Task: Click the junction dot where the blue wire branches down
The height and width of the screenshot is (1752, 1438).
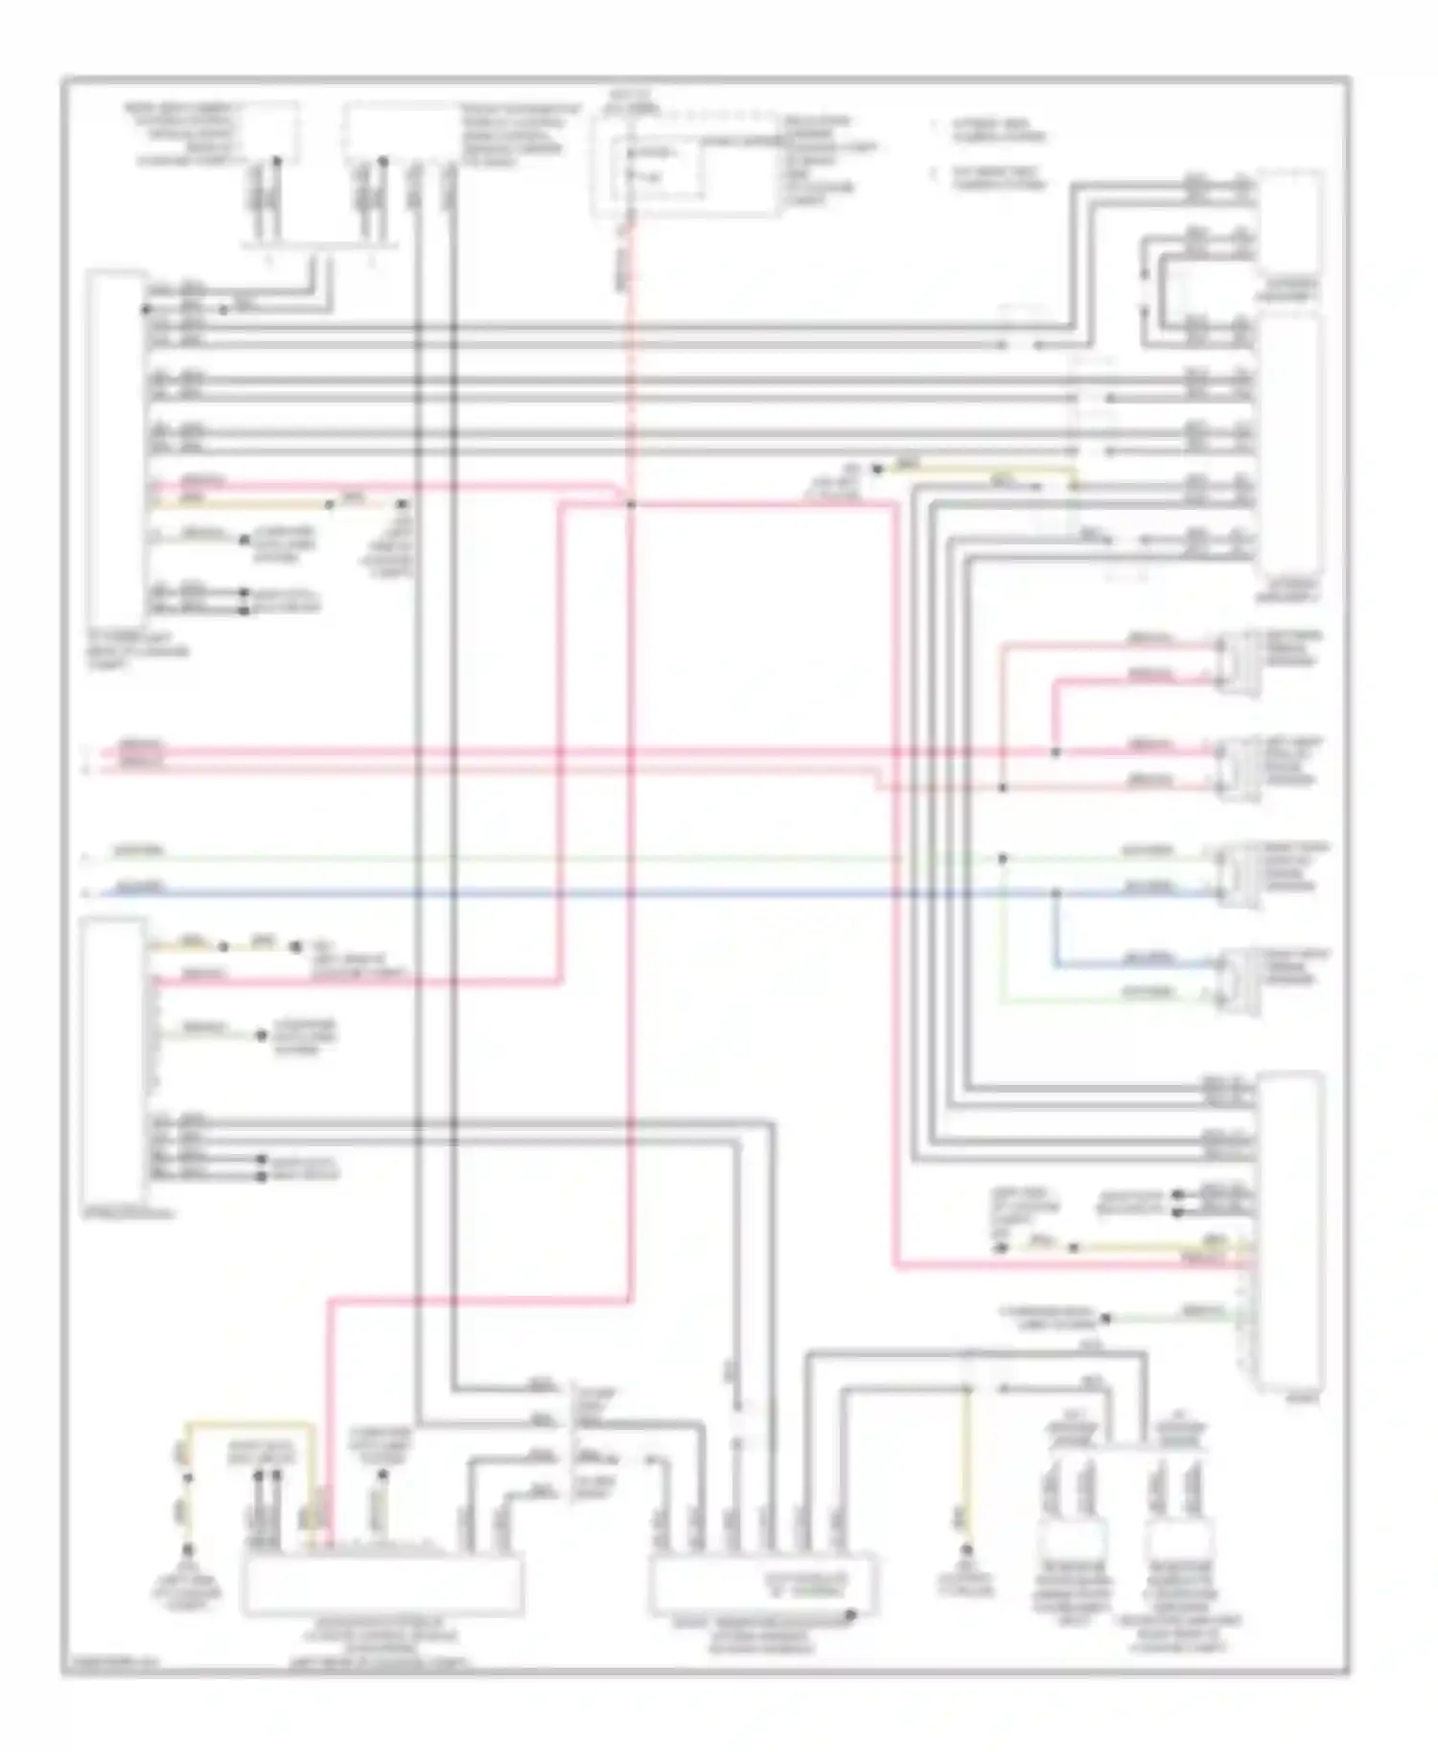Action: [x=1056, y=893]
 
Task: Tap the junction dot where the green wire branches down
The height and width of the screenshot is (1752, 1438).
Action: [x=1003, y=858]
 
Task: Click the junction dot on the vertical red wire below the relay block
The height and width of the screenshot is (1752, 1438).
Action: [x=630, y=504]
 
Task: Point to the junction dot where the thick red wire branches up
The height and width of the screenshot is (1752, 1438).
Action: [x=1055, y=752]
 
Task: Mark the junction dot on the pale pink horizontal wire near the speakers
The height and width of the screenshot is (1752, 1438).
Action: [x=1003, y=788]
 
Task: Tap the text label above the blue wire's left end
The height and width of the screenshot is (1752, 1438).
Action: [x=140, y=887]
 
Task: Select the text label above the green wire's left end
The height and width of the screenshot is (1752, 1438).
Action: [x=140, y=850]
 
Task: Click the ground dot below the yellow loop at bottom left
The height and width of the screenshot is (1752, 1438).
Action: [x=188, y=1550]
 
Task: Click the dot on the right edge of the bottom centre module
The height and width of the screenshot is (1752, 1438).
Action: [x=852, y=1616]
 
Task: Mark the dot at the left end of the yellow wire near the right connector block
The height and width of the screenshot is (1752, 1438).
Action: [x=1001, y=1247]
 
